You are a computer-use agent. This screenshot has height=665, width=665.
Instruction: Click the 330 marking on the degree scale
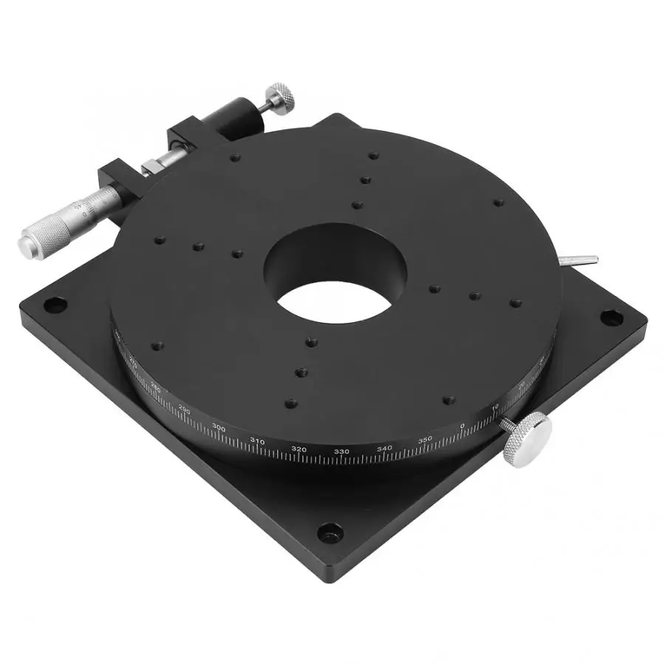pyautogui.click(x=341, y=451)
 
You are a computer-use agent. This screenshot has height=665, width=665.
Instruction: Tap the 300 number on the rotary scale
pyautogui.click(x=219, y=428)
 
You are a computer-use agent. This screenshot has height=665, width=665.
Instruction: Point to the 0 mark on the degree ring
pyautogui.click(x=463, y=426)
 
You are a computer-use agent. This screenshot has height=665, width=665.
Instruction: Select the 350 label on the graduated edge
pyautogui.click(x=425, y=440)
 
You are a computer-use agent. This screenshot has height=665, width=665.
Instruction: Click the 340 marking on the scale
pyautogui.click(x=384, y=449)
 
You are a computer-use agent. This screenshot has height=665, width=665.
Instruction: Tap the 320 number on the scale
pyautogui.click(x=299, y=449)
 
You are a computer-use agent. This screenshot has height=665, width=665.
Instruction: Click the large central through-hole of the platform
pyautogui.click(x=336, y=299)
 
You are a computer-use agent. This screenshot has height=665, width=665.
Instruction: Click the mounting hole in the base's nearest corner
pyautogui.click(x=330, y=531)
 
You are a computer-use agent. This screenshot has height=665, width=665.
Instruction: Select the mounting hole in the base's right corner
pyautogui.click(x=610, y=318)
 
